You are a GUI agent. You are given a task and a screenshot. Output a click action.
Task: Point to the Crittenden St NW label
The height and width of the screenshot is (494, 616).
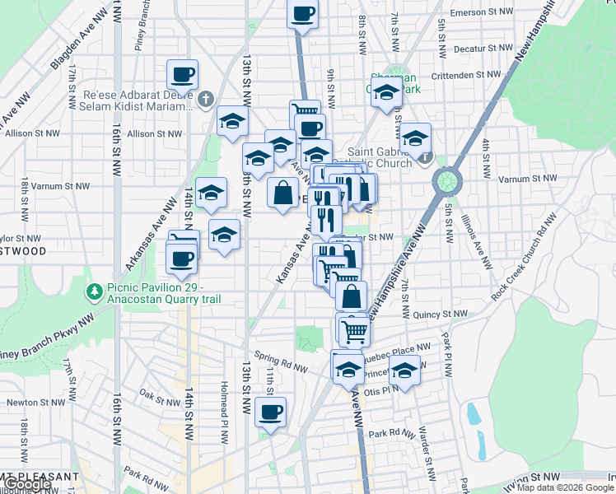pos(468,75)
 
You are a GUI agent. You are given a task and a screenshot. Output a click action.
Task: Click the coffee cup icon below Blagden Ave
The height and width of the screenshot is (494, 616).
pos(182,76)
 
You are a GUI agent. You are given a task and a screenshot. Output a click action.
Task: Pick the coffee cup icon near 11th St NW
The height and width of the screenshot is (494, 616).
pos(270,412)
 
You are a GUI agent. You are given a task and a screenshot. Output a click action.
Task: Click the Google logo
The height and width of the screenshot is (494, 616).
pos(26,484)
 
